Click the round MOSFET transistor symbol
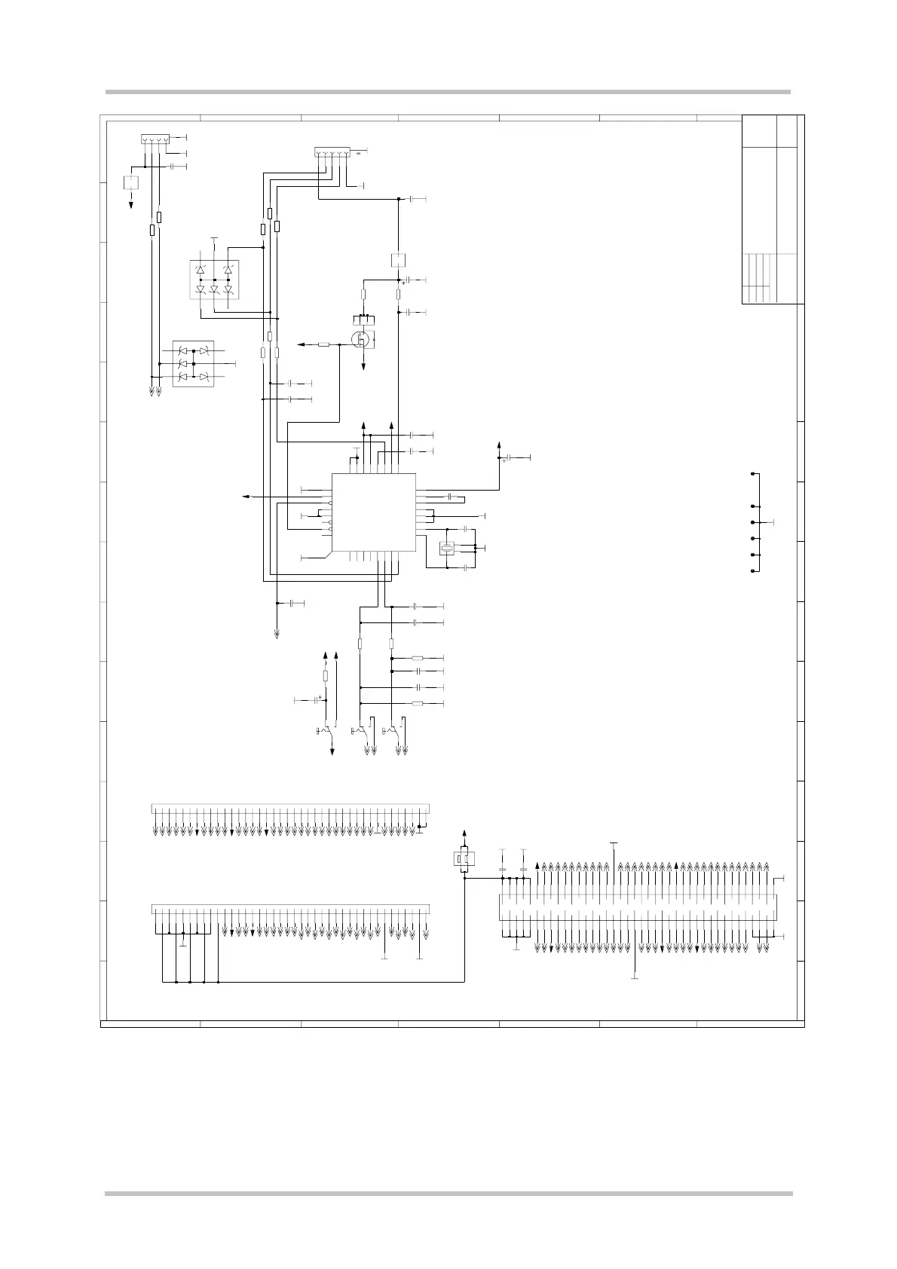point(362,339)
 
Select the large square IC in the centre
point(374,512)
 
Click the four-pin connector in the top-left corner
point(155,139)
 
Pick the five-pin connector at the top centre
point(332,153)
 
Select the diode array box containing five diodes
point(214,280)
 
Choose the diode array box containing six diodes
point(193,364)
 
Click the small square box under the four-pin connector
point(131,182)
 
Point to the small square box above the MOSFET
point(399,260)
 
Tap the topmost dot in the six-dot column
point(752,474)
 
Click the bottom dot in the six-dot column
point(752,571)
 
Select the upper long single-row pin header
point(290,809)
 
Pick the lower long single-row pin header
point(290,908)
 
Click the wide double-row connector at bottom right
point(638,907)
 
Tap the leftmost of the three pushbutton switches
point(326,731)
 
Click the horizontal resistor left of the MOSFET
point(324,344)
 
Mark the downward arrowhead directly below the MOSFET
point(363,366)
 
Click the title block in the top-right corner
point(770,209)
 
